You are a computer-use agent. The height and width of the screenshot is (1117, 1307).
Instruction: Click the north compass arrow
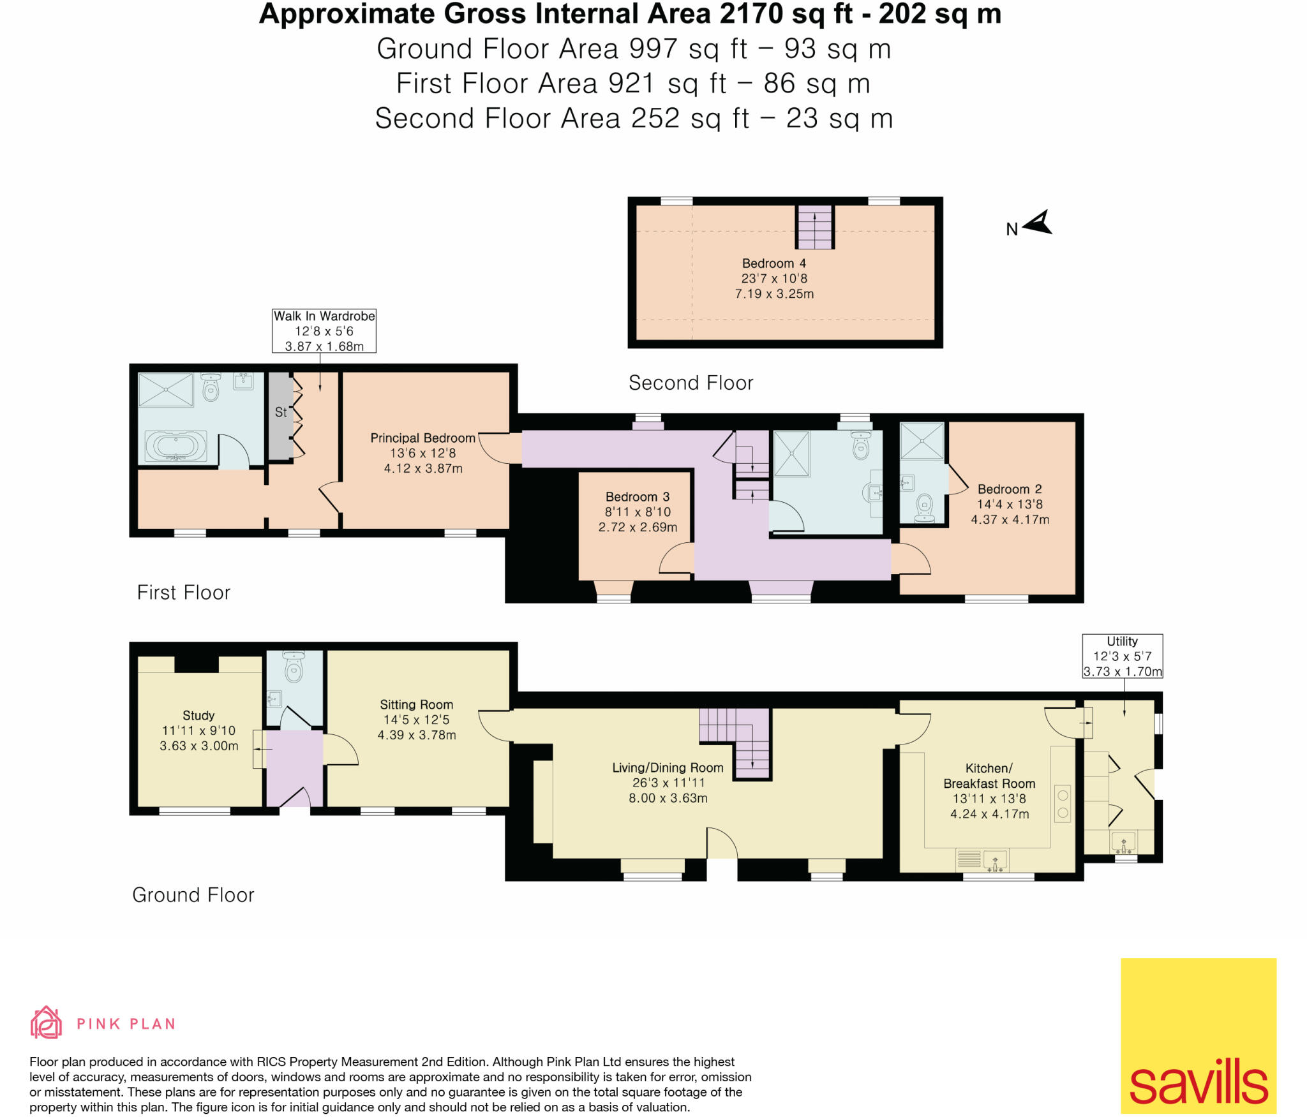1038,223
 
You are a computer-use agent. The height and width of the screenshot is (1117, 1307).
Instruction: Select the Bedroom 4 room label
773,263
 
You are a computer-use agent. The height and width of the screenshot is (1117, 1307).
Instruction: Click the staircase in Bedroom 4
814,227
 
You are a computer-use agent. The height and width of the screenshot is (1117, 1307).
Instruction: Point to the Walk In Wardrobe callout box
324,330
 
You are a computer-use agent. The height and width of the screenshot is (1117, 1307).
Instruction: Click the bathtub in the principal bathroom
176,446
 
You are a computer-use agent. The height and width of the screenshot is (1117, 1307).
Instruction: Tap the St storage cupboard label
281,412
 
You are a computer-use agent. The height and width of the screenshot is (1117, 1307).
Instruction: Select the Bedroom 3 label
637,497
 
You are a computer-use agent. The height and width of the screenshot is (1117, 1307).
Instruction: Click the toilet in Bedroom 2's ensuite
924,508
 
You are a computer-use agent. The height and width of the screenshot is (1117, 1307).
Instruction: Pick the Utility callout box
1122,656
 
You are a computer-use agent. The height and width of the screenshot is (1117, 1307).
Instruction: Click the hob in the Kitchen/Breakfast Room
1063,804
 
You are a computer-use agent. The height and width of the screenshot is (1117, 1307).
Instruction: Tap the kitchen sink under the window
995,861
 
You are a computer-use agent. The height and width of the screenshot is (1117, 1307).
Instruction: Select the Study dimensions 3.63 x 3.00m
198,746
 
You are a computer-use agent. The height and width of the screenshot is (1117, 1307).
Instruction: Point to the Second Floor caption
691,383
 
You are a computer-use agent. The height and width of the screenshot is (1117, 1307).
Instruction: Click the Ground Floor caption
193,895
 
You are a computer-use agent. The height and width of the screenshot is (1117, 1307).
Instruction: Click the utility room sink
1124,843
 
